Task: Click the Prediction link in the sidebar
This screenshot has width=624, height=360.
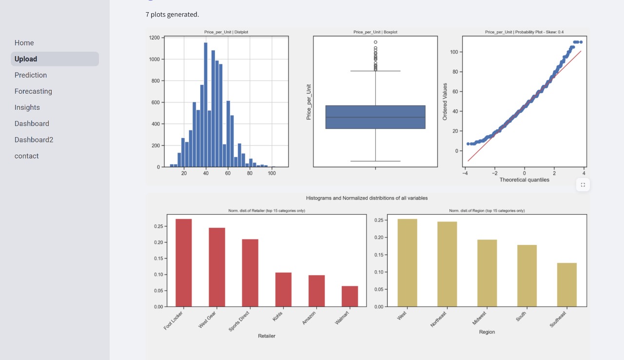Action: (x=31, y=75)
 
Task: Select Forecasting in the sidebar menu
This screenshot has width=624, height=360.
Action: (x=33, y=91)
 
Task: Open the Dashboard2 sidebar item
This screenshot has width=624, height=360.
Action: (x=34, y=140)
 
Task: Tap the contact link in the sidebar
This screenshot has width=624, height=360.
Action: (x=26, y=156)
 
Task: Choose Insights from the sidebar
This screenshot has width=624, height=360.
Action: (x=27, y=107)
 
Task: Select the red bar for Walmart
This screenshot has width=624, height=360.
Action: (x=350, y=296)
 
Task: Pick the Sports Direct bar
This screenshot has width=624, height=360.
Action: (x=250, y=273)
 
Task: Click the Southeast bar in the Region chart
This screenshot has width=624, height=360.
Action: (x=566, y=284)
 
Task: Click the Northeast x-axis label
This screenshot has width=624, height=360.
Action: (x=438, y=319)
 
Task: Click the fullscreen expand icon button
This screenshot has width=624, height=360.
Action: (x=583, y=185)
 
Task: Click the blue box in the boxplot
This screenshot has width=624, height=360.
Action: (x=375, y=117)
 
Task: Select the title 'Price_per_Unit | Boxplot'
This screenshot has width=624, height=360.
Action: (x=375, y=32)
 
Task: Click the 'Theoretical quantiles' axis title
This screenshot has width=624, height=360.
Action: (x=524, y=180)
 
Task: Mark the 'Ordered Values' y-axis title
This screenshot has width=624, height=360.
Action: (x=445, y=101)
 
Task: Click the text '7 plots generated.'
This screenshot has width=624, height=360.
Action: (x=172, y=14)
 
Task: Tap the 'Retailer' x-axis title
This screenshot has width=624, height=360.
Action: (x=267, y=336)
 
